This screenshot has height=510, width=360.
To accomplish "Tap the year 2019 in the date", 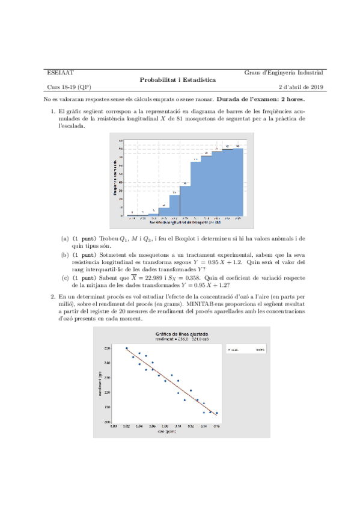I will click(316, 87).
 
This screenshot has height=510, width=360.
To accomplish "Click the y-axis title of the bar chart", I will click(114, 178).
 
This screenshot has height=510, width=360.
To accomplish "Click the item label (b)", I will click(65, 254).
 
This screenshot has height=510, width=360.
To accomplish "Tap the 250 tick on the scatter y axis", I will click(107, 348).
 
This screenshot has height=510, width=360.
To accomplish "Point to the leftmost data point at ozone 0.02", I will click(126, 348).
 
